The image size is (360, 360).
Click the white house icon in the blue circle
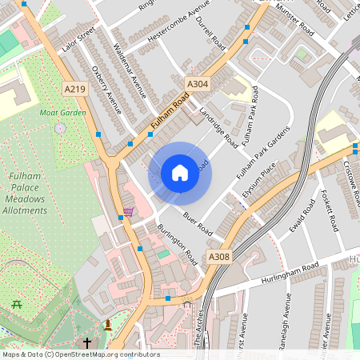(180, 173)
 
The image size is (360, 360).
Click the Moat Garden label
(62, 113)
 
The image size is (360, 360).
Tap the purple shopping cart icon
(129, 213)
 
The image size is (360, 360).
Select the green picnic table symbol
(16, 304)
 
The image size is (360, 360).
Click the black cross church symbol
(86, 342)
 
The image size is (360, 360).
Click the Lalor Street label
(78, 38)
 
